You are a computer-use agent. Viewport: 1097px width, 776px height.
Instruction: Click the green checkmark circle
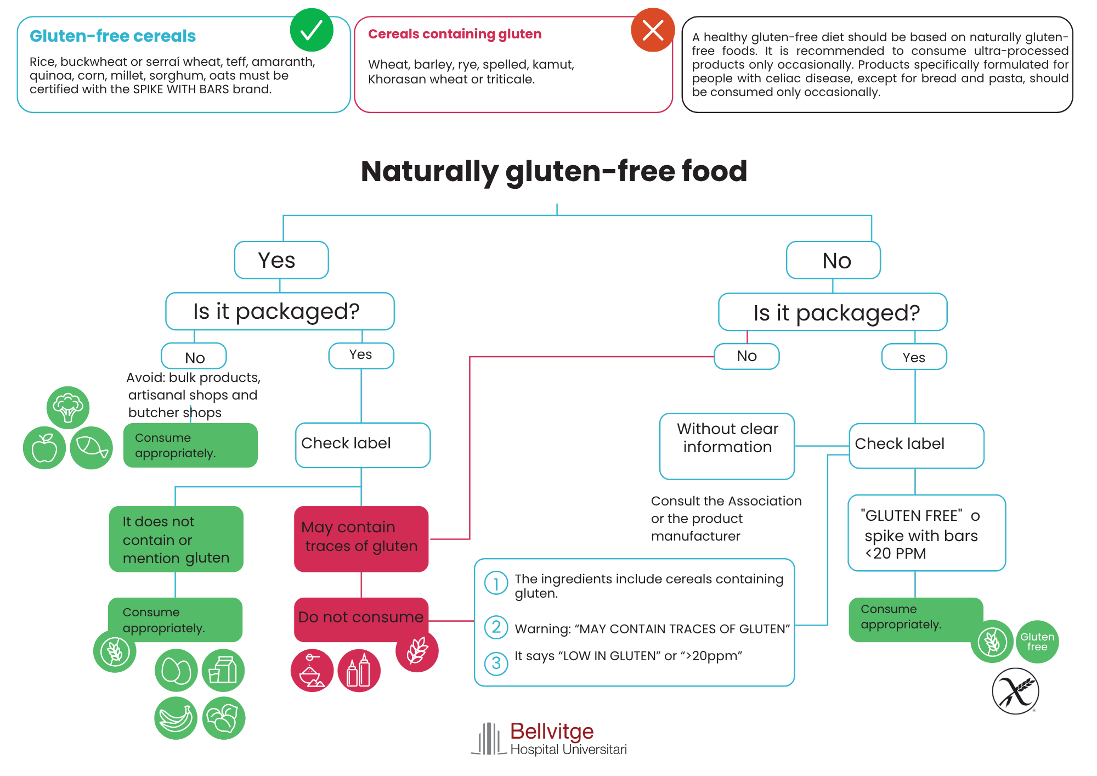click(x=312, y=30)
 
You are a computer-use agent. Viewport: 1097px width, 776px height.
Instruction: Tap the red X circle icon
click(x=653, y=30)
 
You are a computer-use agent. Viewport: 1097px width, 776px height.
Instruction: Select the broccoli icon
click(x=68, y=408)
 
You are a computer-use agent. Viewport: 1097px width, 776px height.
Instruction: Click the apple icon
click(x=44, y=448)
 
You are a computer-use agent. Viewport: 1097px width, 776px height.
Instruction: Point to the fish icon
click(x=92, y=448)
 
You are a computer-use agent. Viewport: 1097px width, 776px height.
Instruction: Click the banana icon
click(x=176, y=718)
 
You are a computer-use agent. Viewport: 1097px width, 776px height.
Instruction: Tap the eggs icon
click(x=176, y=670)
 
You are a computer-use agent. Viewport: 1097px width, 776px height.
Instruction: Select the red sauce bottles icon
click(x=359, y=671)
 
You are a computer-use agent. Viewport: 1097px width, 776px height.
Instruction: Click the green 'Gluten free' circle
click(x=1037, y=642)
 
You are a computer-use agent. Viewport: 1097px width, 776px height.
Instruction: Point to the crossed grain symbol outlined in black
click(x=1016, y=691)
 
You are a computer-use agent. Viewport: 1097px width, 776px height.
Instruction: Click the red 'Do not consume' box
click(x=361, y=620)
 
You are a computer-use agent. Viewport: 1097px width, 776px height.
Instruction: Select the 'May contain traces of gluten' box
click(x=361, y=539)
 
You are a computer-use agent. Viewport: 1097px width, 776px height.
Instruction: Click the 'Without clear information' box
click(x=727, y=446)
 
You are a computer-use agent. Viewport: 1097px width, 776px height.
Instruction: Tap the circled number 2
click(x=496, y=627)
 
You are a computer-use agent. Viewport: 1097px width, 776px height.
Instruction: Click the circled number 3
click(x=496, y=663)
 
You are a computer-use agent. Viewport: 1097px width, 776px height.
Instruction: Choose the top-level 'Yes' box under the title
click(x=281, y=260)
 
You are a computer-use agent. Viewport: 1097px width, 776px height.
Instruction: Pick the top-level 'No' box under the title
click(x=834, y=260)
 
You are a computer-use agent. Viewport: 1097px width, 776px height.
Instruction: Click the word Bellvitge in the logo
click(x=552, y=731)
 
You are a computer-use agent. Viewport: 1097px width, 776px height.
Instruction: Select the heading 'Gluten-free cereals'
click(x=112, y=36)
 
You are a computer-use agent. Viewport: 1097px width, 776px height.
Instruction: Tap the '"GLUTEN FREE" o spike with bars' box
click(x=927, y=533)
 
